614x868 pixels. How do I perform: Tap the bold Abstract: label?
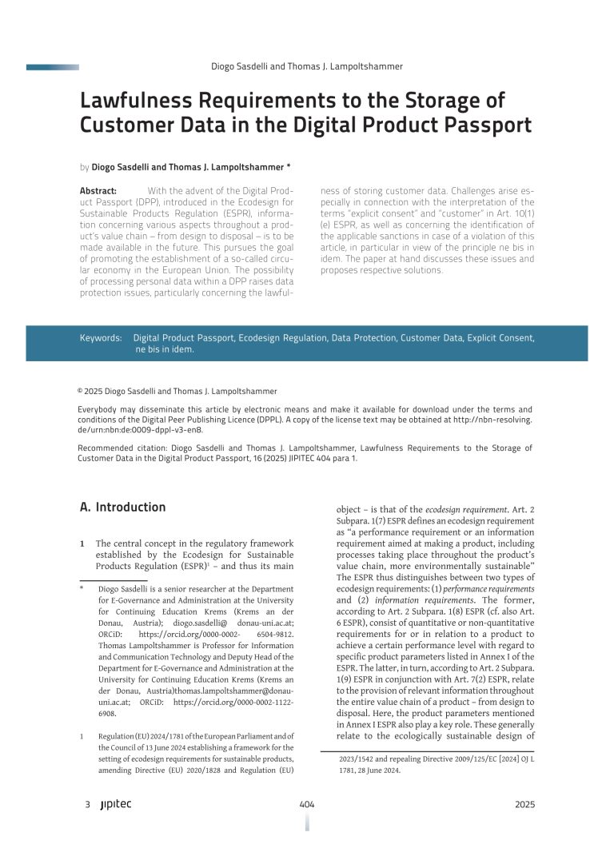[98, 191]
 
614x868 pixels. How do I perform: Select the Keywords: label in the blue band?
[101, 338]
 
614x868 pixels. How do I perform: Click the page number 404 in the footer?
[306, 805]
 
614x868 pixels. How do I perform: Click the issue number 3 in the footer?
[86, 805]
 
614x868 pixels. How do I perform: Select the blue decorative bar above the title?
[52, 67]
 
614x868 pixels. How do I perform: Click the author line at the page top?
[306, 67]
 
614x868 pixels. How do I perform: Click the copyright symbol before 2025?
[80, 391]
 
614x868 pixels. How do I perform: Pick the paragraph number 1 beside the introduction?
[82, 543]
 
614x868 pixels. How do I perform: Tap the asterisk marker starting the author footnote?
[82, 589]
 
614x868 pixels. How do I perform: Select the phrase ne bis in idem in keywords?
[164, 349]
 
